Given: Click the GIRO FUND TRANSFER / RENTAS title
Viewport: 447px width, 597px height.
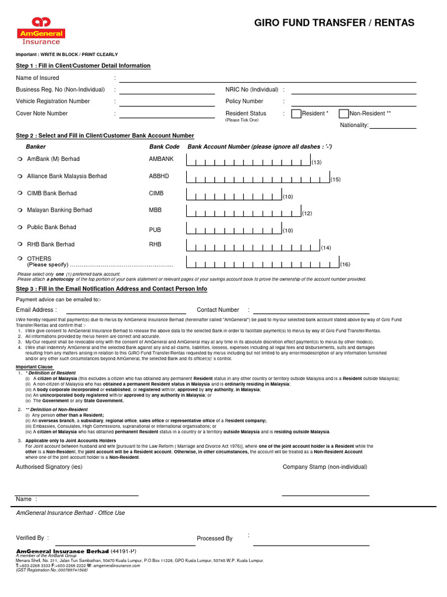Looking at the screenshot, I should pos(334,23).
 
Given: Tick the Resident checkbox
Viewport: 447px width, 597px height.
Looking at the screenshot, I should pos(296,114).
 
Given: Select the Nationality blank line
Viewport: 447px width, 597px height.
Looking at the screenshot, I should pos(393,127).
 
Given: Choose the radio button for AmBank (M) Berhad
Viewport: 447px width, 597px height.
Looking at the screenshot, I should pos(20,159).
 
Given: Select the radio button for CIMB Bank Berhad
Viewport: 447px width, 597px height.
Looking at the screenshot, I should pos(20,194).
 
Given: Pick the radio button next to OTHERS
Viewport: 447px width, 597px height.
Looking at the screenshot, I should pos(20,258).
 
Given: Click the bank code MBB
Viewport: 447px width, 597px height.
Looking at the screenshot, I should pos(155,210).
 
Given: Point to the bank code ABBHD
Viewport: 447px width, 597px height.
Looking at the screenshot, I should pos(159,176).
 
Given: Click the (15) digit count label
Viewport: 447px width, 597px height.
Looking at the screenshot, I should pos(336,180).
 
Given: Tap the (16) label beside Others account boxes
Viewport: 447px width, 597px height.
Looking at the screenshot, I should pos(345,265).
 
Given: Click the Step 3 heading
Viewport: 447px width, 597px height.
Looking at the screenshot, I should pos(111,289).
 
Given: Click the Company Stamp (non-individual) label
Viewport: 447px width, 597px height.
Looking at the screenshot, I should pos(325,467).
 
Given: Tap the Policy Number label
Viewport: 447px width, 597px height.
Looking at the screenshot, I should pos(244,101).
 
